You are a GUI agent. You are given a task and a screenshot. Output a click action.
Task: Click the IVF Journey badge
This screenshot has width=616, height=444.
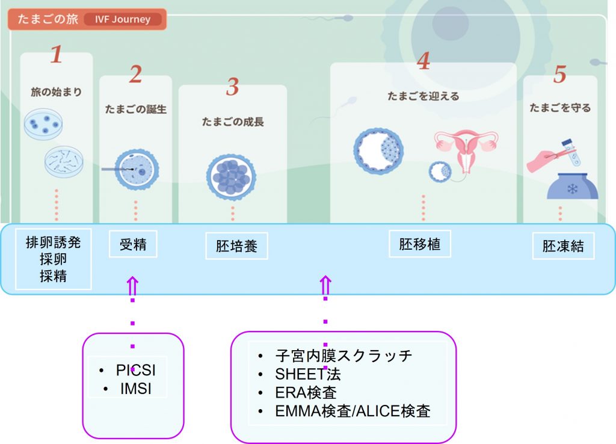[123, 19]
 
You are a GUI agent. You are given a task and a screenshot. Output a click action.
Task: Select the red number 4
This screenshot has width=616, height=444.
[423, 61]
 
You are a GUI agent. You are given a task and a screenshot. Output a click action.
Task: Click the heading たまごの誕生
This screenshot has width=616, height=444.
[135, 109]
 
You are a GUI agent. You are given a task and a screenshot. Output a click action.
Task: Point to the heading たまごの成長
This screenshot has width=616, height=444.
[233, 122]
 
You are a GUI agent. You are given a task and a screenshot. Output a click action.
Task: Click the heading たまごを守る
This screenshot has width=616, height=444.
[560, 108]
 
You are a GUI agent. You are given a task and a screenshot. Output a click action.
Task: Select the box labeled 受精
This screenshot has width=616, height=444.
[133, 244]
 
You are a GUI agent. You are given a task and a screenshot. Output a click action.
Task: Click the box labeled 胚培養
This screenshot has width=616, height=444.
[236, 246]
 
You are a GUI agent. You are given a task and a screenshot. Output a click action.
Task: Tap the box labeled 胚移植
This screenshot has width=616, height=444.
[419, 244]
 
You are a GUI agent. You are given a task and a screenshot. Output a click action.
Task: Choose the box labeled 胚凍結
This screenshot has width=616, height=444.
[563, 246]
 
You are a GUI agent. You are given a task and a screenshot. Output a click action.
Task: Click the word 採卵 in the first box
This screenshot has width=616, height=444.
[53, 259]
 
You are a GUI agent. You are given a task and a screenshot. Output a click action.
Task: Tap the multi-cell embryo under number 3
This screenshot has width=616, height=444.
[231, 177]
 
